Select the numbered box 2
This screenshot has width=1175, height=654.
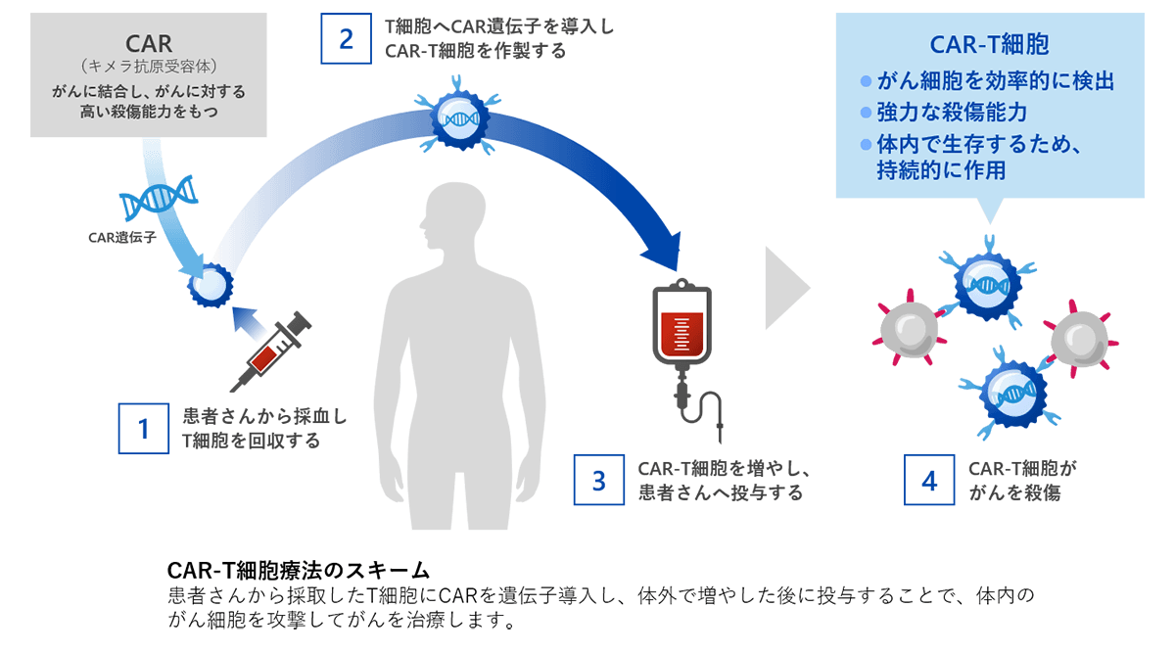pos(346,38)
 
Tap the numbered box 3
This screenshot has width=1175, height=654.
pos(599,480)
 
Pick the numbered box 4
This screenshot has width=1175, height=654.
pos(929,480)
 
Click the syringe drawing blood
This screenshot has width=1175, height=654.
pos(277,350)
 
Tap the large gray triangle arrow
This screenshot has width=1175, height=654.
pos(786,288)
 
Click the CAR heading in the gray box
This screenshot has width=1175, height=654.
pos(149,44)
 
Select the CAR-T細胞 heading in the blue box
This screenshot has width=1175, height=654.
pos(989,46)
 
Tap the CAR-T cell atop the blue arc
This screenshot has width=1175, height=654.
pos(459,120)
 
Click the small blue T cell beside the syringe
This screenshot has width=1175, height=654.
pos(211,286)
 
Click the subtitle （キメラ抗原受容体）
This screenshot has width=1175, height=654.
pos(149,68)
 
